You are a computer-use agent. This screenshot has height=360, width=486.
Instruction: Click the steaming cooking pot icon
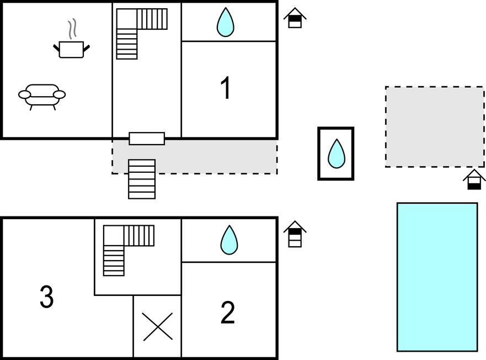(71, 49)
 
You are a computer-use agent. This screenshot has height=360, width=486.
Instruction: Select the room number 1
(225, 89)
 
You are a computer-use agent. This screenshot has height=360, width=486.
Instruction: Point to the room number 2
(227, 313)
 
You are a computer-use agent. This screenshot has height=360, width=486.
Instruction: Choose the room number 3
(47, 297)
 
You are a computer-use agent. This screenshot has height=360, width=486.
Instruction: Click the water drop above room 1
(225, 22)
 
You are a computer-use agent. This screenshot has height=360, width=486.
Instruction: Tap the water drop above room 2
(229, 240)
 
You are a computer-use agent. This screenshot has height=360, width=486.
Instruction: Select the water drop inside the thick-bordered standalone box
(336, 153)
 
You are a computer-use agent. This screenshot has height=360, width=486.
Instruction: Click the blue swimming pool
(437, 277)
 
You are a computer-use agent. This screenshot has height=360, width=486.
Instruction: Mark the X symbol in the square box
(158, 326)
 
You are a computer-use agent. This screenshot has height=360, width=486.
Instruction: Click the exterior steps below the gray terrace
(142, 179)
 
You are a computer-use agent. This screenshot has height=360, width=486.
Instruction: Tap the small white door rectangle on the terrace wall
(147, 139)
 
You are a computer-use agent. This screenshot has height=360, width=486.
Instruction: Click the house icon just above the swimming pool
(474, 180)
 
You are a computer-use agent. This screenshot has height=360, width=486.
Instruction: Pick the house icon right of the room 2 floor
(295, 234)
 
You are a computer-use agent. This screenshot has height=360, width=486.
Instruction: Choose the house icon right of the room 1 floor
(295, 18)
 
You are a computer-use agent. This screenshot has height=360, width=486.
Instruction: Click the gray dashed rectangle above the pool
(434, 126)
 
